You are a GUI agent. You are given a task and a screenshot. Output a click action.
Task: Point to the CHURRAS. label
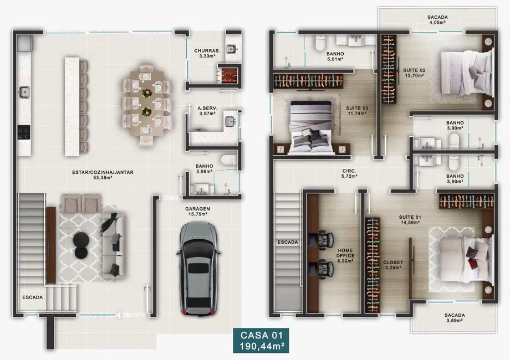pyautogui.click(x=207, y=51)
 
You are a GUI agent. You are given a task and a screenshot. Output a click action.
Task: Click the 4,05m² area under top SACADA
pyautogui.click(x=437, y=24)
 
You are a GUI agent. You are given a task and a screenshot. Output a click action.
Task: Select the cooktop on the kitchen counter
pyautogui.click(x=24, y=132)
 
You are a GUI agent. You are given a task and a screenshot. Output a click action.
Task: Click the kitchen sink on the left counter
pyautogui.click(x=24, y=91)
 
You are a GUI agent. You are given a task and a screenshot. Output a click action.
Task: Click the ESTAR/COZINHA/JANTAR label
pyautogui.click(x=103, y=172)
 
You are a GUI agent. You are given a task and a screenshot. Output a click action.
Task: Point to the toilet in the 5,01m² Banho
pyautogui.click(x=320, y=42)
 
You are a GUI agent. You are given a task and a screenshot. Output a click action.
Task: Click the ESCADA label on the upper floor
pyautogui.click(x=288, y=242)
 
